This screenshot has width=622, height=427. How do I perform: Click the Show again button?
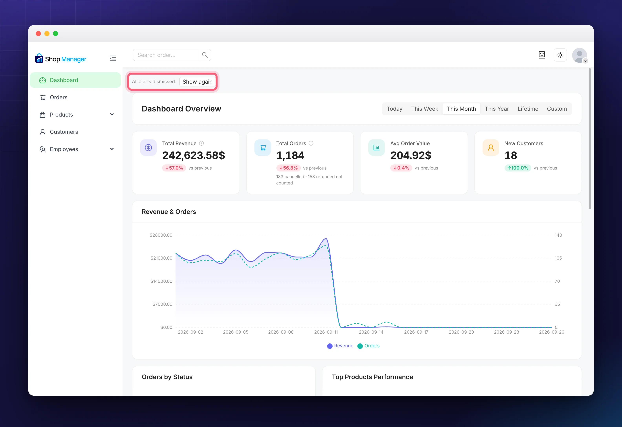click(198, 82)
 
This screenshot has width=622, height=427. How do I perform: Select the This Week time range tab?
click(424, 109)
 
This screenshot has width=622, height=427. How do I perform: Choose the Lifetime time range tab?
click(528, 109)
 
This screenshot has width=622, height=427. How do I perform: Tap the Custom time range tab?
click(557, 109)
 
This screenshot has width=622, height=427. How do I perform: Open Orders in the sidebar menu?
click(59, 97)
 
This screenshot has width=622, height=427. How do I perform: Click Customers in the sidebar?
click(64, 132)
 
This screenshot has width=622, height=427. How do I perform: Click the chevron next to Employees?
click(112, 149)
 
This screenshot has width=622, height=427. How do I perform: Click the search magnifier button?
click(205, 55)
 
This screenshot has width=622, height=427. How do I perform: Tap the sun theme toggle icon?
click(560, 55)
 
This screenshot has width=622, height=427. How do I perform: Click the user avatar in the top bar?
click(579, 55)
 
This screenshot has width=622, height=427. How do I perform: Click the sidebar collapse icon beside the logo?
click(113, 58)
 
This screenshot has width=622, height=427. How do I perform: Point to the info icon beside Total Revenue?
click(201, 143)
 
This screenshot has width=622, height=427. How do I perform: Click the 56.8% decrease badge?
click(288, 168)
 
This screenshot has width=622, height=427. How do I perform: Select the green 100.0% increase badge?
click(518, 168)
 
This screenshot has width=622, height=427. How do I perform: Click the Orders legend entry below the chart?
click(369, 346)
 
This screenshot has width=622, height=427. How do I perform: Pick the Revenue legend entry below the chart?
click(340, 346)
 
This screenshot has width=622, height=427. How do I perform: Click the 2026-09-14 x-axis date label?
click(371, 332)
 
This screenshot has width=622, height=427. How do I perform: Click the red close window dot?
click(38, 33)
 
